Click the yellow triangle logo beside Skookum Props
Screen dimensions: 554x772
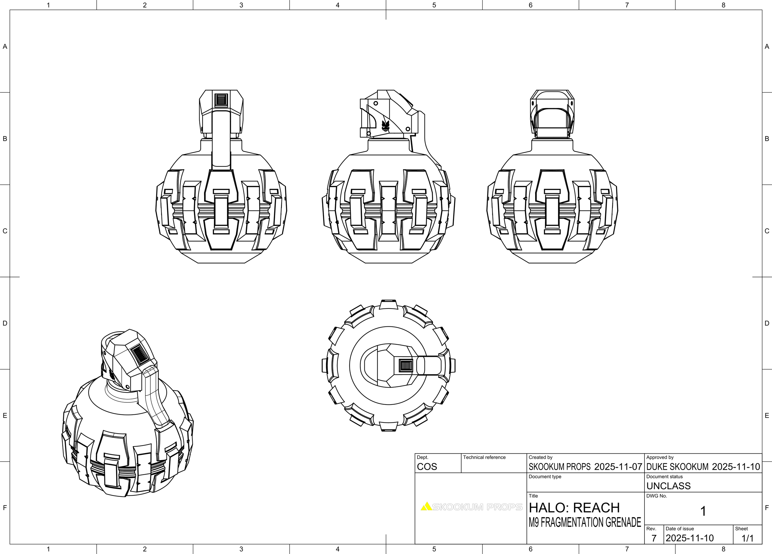(x=426, y=507)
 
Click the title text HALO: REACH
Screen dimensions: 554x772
(x=574, y=508)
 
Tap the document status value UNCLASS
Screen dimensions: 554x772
(x=668, y=486)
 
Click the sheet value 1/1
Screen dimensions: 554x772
(x=748, y=538)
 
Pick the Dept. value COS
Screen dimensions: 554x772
(x=427, y=467)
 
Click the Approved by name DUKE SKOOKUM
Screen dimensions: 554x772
(x=678, y=467)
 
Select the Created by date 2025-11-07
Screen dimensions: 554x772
(x=618, y=467)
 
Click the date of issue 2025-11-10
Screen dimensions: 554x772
(x=690, y=538)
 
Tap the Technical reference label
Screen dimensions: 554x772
(x=484, y=457)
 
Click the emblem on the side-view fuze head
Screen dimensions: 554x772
(x=385, y=125)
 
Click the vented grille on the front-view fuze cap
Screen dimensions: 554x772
(x=221, y=100)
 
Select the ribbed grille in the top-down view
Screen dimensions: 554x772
(x=406, y=366)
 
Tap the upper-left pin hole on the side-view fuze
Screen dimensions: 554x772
(x=376, y=103)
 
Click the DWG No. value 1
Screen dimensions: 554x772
(x=703, y=511)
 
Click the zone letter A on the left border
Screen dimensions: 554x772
(x=5, y=47)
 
